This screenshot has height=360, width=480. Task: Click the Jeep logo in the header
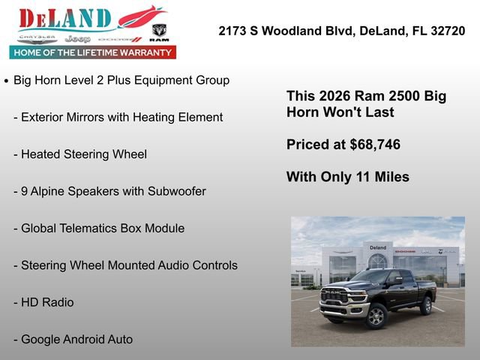pos(77,38)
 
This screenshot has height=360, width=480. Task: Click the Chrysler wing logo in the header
pos(37,37)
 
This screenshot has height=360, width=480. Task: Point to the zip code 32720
pos(445,31)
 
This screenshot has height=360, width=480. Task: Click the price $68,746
pos(375,145)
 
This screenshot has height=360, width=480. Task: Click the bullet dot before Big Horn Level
pos(7,81)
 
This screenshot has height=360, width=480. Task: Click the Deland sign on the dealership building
pos(378,247)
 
